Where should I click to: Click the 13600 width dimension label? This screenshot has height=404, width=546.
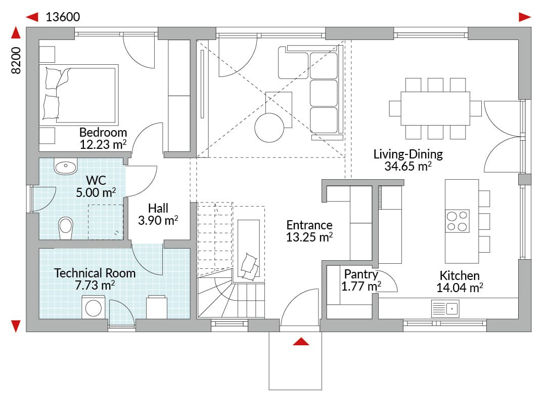(x=63, y=17)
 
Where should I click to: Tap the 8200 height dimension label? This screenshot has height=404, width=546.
(x=16, y=60)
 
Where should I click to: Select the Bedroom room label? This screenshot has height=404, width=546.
(x=103, y=133)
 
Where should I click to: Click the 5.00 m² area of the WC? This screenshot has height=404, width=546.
(x=96, y=192)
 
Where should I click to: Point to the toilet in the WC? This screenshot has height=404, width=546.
(x=65, y=228)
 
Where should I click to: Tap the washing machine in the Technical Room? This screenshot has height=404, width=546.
(x=94, y=307)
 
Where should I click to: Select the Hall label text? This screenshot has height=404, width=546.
(x=158, y=208)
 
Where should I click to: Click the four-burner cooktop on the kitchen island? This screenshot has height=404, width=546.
(x=457, y=221)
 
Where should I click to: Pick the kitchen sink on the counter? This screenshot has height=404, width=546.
(x=445, y=308)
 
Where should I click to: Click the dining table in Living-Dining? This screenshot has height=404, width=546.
(x=435, y=108)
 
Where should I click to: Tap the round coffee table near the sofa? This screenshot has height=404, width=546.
(x=269, y=128)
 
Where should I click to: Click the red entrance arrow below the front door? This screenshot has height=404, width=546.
(x=301, y=341)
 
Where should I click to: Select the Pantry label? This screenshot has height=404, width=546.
(x=361, y=274)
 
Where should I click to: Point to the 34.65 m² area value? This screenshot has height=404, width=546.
(x=408, y=166)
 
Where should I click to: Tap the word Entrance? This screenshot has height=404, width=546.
(x=309, y=225)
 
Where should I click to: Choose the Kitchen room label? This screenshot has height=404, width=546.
(x=459, y=275)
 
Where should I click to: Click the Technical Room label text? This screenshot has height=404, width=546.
(x=95, y=273)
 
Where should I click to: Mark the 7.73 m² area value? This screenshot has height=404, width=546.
(x=95, y=285)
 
